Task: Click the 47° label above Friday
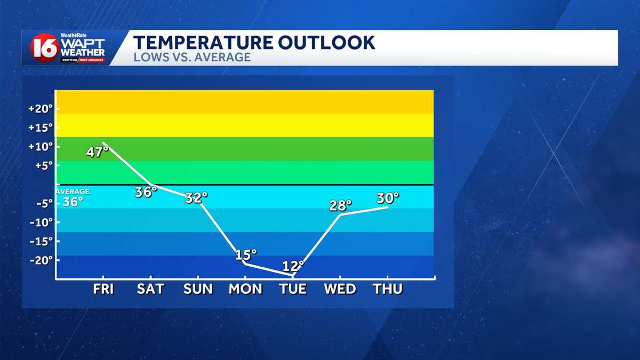pyautogui.click(x=97, y=152)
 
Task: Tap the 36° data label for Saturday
pyautogui.click(x=146, y=192)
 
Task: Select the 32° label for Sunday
pyautogui.click(x=196, y=198)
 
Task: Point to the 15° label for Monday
pyautogui.click(x=246, y=255)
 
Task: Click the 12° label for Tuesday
pyautogui.click(x=293, y=266)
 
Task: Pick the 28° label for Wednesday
pyautogui.click(x=341, y=205)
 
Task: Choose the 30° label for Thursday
pyautogui.click(x=388, y=198)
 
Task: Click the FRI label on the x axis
pyautogui.click(x=103, y=289)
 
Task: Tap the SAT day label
pyautogui.click(x=150, y=289)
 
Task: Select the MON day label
pyautogui.click(x=245, y=289)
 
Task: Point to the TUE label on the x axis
pyautogui.click(x=293, y=289)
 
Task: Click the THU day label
pyautogui.click(x=388, y=289)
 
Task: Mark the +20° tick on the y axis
pyautogui.click(x=41, y=108)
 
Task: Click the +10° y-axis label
pyautogui.click(x=41, y=146)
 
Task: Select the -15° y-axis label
pyautogui.click(x=42, y=241)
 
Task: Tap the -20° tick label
pyautogui.click(x=42, y=260)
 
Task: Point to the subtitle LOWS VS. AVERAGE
pyautogui.click(x=191, y=57)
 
